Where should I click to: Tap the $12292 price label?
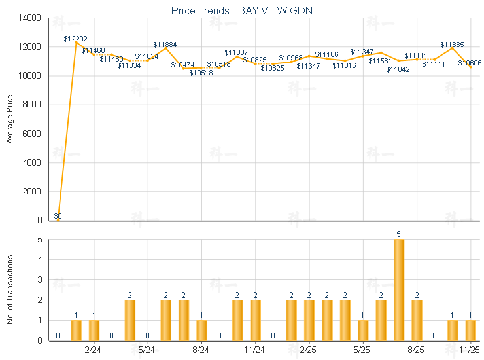click(75, 39)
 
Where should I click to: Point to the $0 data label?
click(58, 216)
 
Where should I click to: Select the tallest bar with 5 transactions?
click(398, 289)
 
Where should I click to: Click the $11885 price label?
click(452, 45)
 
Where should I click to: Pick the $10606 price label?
click(470, 63)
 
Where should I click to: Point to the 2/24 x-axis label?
click(93, 350)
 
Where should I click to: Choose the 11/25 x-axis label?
click(470, 350)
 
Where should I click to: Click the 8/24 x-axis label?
click(201, 350)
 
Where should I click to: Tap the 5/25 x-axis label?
click(362, 350)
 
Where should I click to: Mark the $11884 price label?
click(165, 45)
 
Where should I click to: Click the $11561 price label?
click(379, 61)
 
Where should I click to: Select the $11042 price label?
click(398, 69)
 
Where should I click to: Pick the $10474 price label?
click(182, 65)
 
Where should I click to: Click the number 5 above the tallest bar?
click(398, 234)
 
